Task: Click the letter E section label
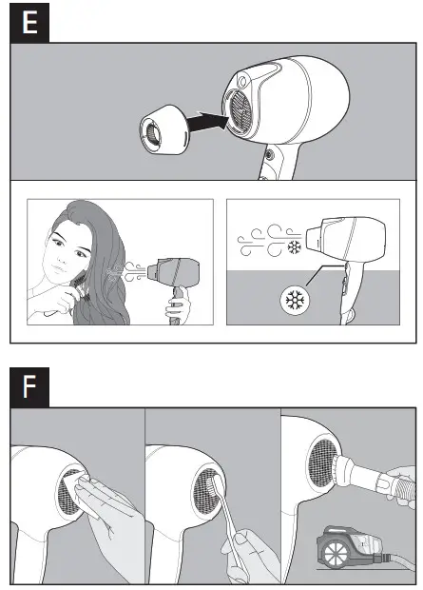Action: click(29, 24)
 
